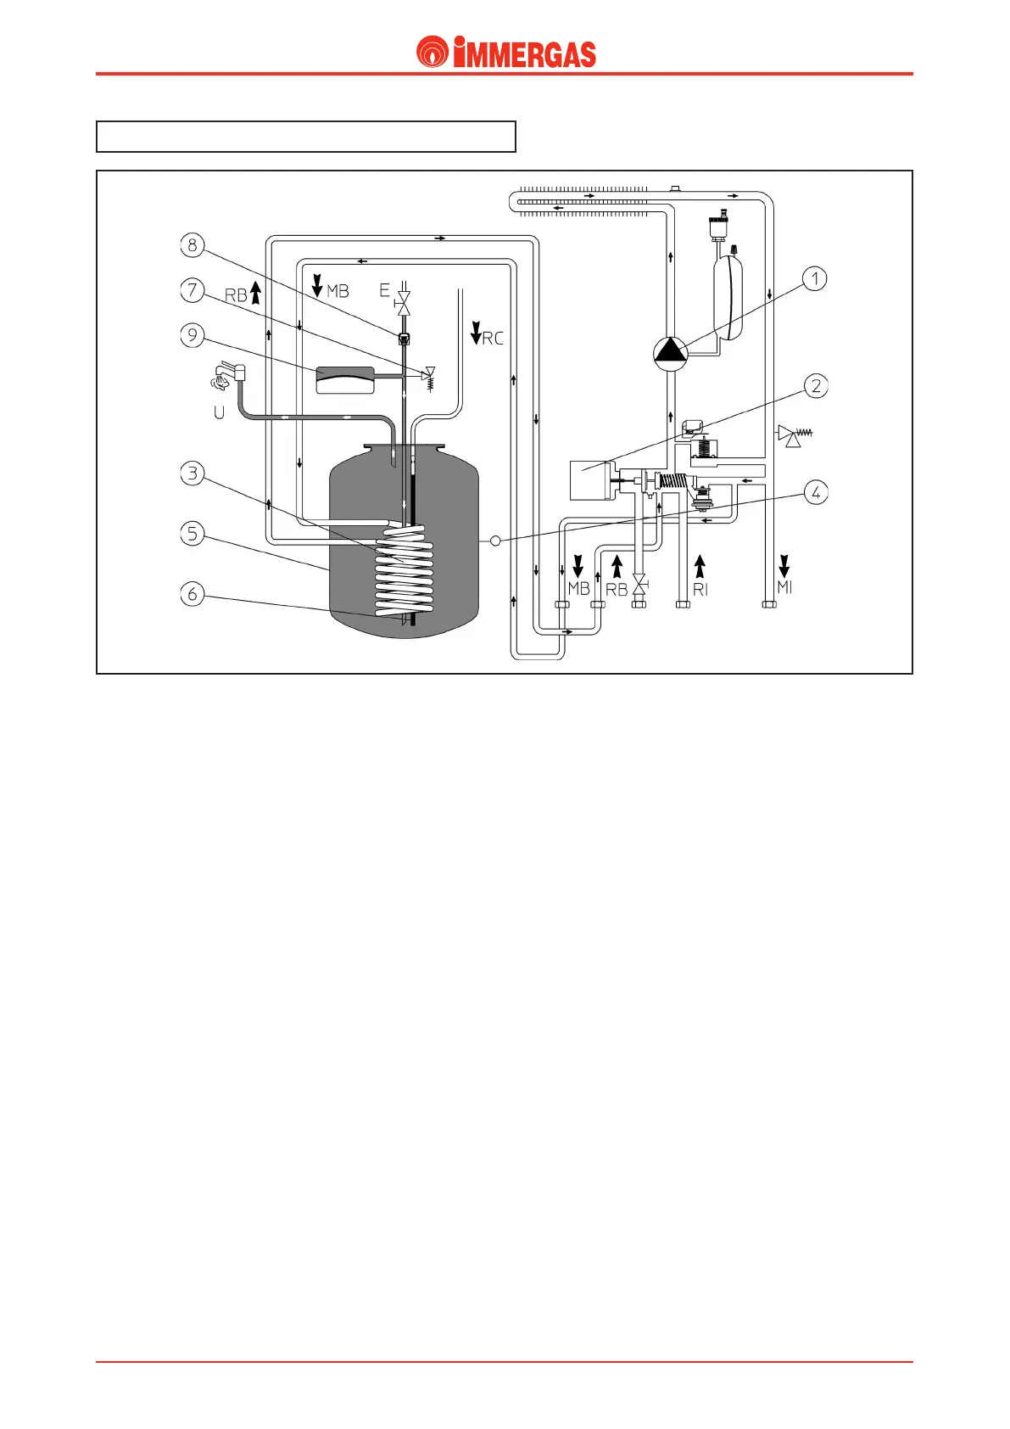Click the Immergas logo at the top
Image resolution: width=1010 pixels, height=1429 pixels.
click(506, 53)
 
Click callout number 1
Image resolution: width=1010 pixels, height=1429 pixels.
click(814, 278)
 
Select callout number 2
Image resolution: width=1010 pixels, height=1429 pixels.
click(816, 386)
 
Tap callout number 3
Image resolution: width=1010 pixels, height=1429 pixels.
click(193, 473)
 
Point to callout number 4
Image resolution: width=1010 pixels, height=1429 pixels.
click(816, 492)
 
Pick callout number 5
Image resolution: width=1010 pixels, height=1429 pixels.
click(193, 534)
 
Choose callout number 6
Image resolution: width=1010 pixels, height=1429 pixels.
click(193, 594)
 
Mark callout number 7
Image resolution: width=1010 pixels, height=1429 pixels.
click(193, 290)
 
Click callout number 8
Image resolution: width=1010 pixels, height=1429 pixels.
click(193, 245)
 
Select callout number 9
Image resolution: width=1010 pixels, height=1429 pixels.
click(193, 335)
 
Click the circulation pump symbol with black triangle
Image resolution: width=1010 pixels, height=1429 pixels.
click(670, 353)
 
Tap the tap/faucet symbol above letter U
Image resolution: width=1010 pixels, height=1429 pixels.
click(226, 376)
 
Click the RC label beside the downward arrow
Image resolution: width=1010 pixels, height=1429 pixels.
click(493, 339)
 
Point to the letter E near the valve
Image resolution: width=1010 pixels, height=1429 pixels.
click(384, 291)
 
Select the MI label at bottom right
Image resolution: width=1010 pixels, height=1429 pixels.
click(784, 587)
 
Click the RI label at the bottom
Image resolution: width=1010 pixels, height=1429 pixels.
click(700, 589)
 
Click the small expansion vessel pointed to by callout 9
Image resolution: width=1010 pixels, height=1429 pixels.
click(344, 379)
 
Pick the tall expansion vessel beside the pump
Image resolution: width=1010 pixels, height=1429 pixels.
click(728, 298)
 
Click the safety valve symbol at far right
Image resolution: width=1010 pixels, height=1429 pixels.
click(794, 435)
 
